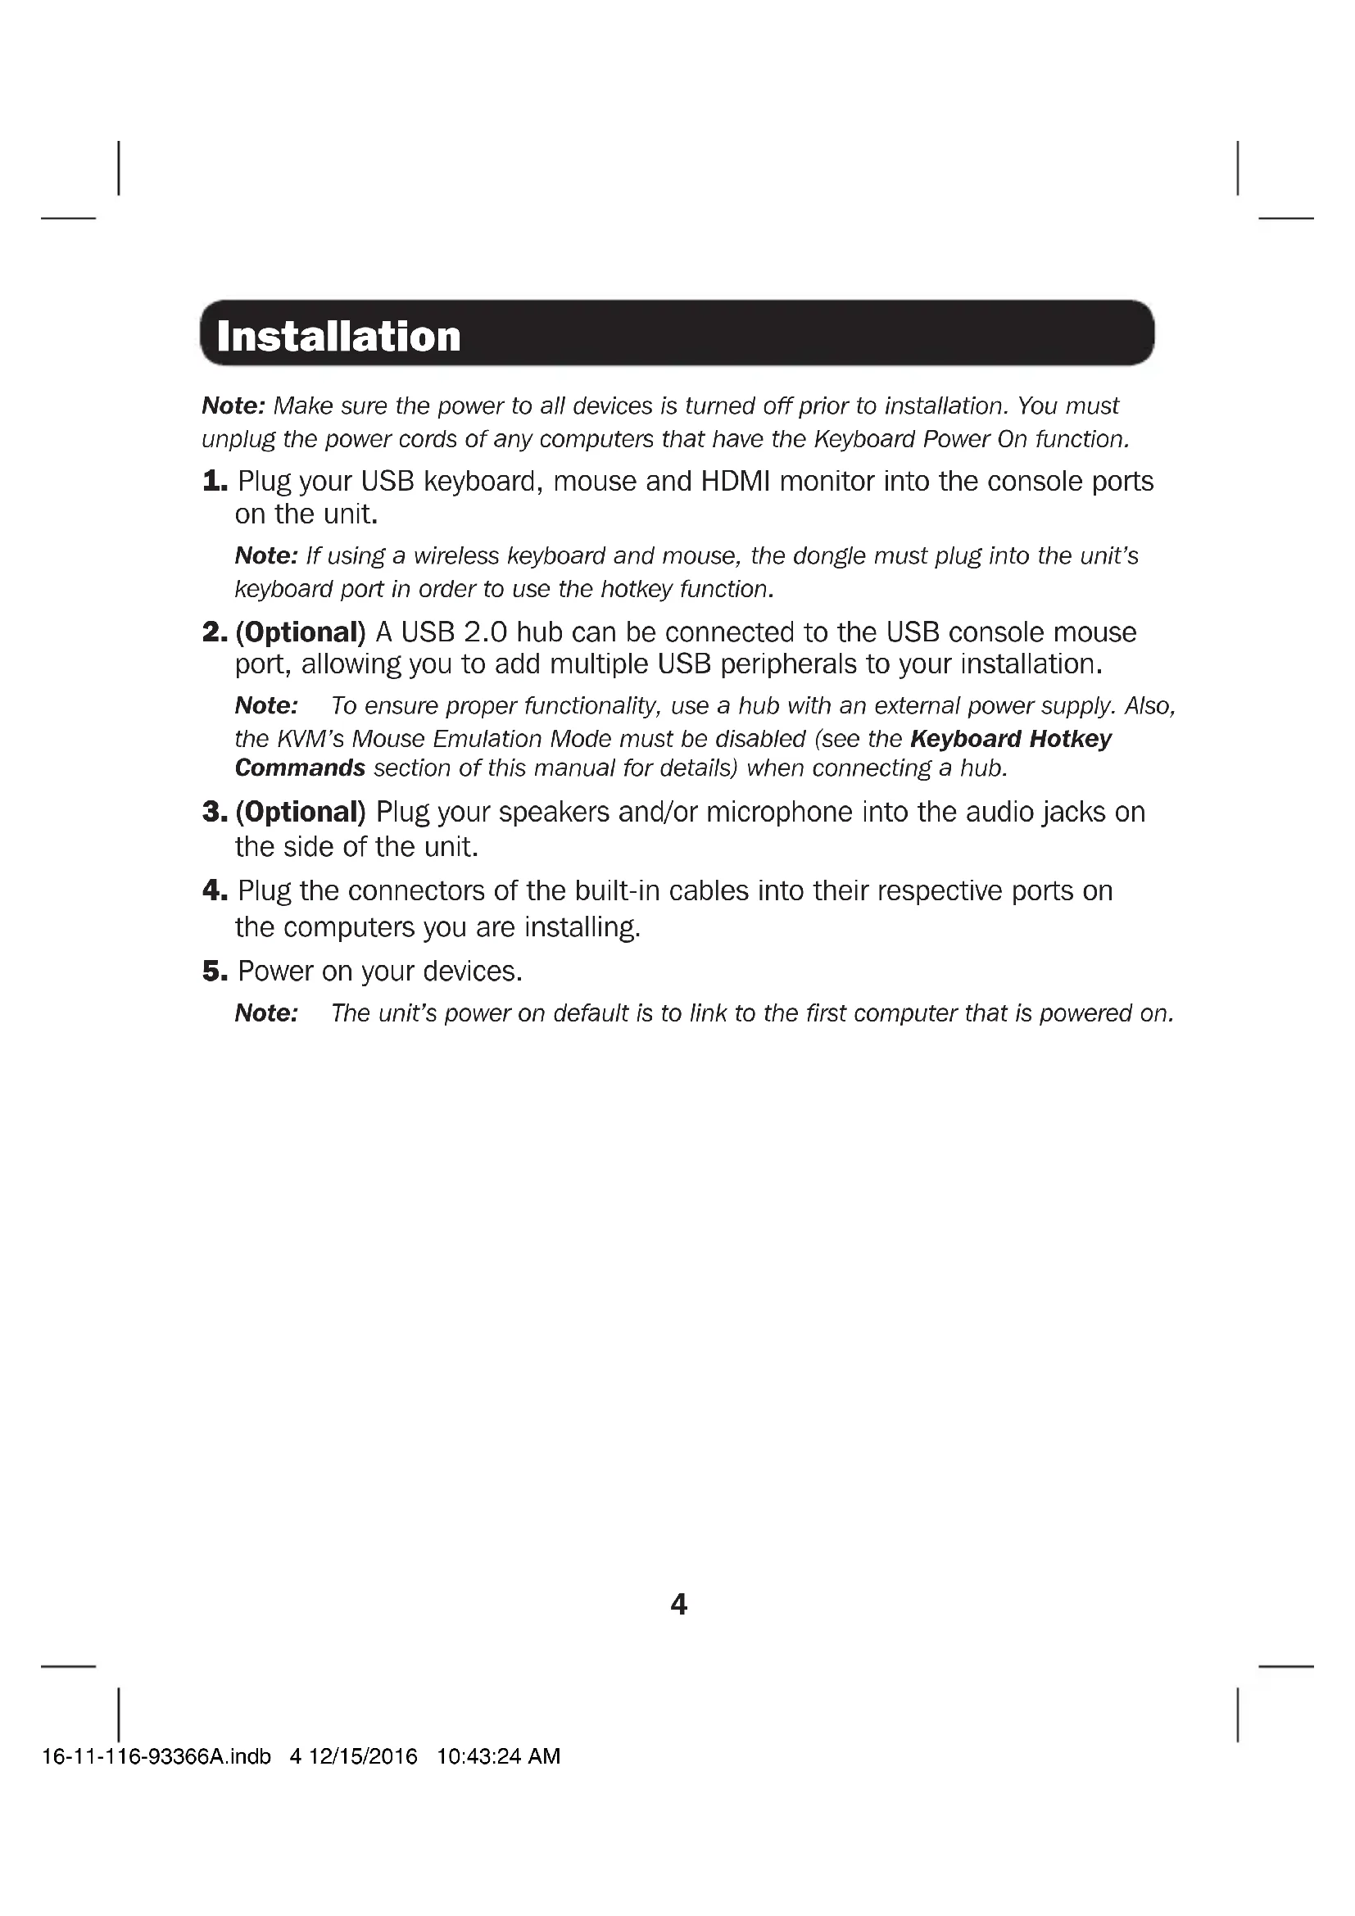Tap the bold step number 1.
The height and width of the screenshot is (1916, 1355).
tap(215, 482)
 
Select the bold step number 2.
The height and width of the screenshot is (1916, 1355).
tap(215, 632)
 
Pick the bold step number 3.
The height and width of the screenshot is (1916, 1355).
tap(215, 812)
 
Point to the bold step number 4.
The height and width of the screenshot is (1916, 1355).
tap(215, 891)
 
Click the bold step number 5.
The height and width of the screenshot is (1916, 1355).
tap(215, 972)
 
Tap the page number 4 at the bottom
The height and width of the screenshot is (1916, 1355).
tap(678, 1605)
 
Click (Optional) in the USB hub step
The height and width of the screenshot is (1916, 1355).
tap(301, 632)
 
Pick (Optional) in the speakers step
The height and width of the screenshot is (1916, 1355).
tap(301, 812)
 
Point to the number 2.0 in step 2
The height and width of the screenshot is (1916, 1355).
tap(485, 632)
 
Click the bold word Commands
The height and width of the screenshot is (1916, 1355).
tap(301, 768)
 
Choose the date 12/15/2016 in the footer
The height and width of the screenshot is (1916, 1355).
tap(363, 1756)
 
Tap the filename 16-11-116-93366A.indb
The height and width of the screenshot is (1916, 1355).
tap(156, 1756)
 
